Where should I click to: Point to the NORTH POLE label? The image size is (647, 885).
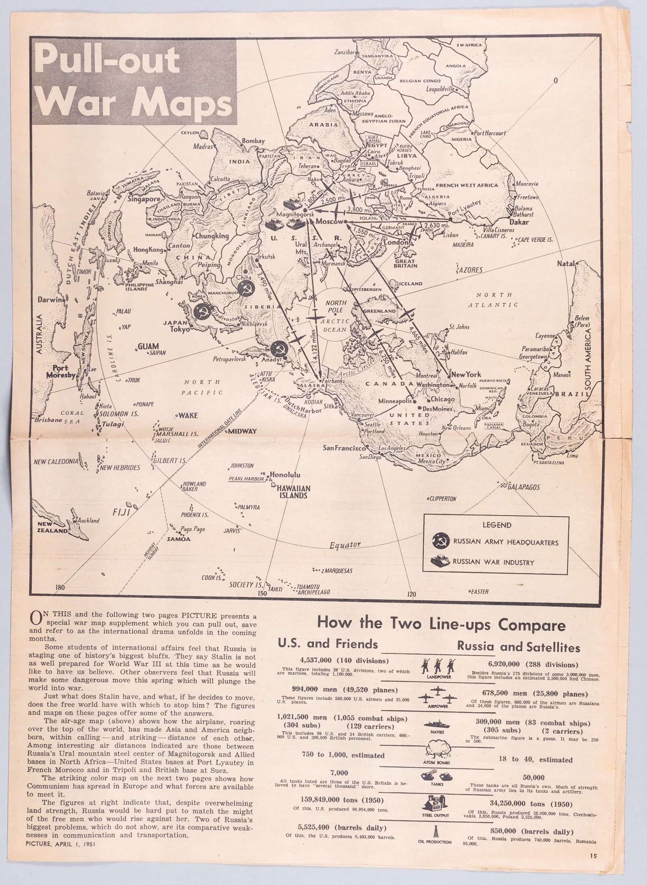click(336, 306)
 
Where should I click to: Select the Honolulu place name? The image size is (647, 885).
click(284, 475)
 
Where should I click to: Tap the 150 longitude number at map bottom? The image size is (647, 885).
click(260, 594)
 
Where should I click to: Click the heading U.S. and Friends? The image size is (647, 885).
click(327, 643)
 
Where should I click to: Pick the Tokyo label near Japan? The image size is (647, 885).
click(180, 329)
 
